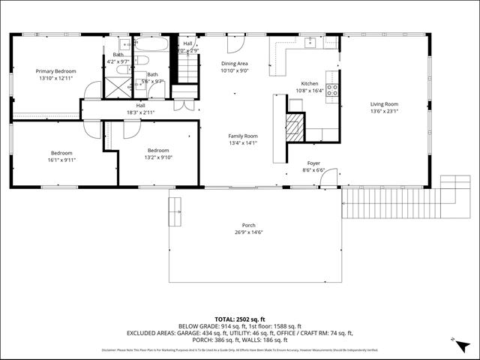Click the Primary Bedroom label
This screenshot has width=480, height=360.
(56, 71)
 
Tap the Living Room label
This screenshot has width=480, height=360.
(384, 104)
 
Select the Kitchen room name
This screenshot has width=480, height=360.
(310, 83)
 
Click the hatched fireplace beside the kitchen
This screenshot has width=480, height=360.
(295, 127)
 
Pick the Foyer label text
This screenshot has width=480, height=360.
(314, 163)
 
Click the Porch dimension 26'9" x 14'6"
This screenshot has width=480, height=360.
(248, 232)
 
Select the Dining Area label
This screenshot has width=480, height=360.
(234, 64)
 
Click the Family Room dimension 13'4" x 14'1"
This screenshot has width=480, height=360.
(242, 142)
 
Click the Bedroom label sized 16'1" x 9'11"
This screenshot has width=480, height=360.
(61, 159)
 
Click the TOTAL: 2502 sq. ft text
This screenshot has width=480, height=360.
(239, 319)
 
